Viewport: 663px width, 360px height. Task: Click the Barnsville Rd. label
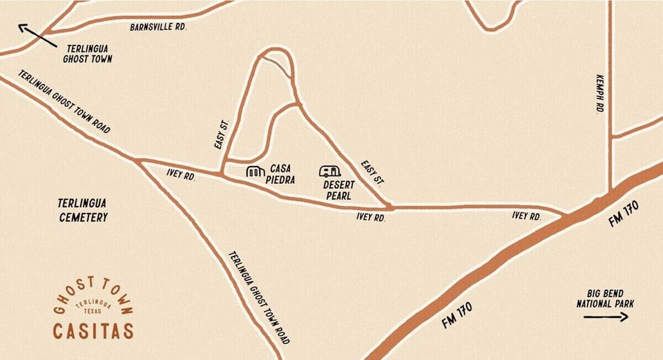158,27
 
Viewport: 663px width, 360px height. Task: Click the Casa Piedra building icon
256,171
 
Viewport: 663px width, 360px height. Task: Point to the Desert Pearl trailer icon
329,171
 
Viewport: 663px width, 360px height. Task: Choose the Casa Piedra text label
282,174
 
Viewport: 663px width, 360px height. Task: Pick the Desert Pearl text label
338,190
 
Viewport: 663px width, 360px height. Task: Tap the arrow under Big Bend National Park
606,317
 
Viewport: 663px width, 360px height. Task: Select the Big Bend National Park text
606,298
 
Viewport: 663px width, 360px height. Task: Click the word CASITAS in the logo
93,331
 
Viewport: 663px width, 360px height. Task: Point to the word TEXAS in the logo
93,312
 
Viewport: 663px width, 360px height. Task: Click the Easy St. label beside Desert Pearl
372,173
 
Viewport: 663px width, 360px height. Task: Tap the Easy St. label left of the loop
222,134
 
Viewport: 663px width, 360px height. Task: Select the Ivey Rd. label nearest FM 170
526,216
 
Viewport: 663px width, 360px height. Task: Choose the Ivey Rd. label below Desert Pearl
370,217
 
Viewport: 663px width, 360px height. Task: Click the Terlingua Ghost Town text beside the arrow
88,54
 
